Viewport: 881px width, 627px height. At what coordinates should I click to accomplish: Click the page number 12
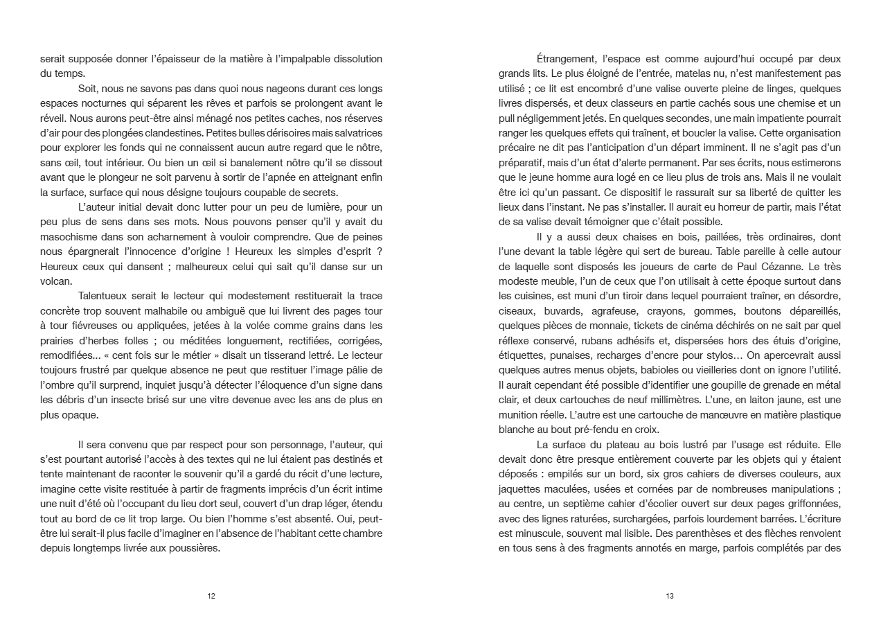point(211,596)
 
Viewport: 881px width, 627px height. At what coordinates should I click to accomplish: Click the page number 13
point(669,596)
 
